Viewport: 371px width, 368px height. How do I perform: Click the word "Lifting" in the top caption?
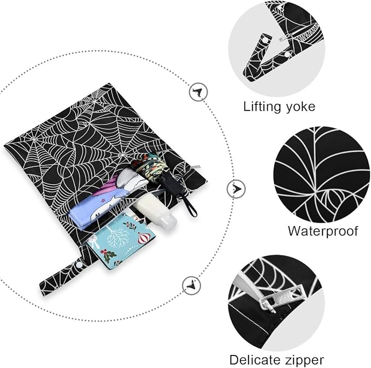click(262, 107)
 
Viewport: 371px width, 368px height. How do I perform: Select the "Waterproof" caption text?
click(323, 231)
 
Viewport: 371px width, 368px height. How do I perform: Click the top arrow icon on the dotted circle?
click(198, 92)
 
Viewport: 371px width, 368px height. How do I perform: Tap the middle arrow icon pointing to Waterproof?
click(236, 189)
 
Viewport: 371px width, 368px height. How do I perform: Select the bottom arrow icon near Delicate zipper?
click(191, 286)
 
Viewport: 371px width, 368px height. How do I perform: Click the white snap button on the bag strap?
click(78, 265)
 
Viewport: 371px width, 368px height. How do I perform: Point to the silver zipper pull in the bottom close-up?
click(281, 298)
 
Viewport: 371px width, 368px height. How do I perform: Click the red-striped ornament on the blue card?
click(144, 237)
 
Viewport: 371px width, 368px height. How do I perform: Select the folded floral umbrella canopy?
click(149, 164)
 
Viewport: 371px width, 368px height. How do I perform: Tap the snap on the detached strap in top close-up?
click(266, 41)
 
